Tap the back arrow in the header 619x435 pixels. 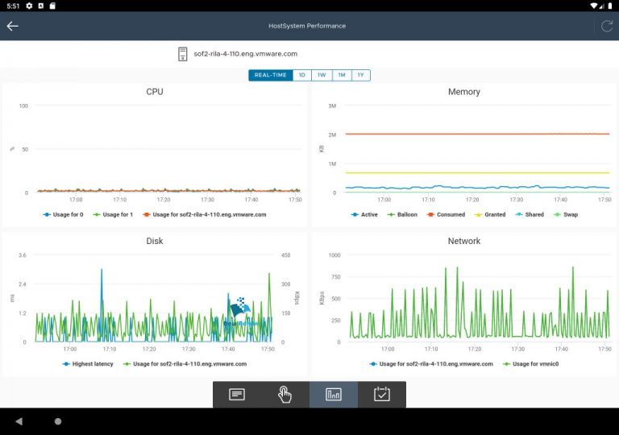point(12,26)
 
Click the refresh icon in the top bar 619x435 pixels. point(607,26)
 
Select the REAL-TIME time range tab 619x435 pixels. point(270,75)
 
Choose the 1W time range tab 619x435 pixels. point(322,75)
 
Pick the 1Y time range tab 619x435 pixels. point(360,75)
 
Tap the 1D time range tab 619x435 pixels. point(301,75)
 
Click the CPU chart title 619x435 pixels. point(155,92)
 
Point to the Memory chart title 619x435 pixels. point(463,92)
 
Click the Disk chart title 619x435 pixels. point(155,241)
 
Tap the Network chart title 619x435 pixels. point(463,241)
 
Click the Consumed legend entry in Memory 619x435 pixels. point(447,215)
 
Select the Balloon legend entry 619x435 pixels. point(402,215)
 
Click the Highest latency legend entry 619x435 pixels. point(89,364)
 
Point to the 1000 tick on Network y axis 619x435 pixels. point(334,255)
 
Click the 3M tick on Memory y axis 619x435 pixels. point(331,106)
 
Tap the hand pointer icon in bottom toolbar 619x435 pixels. point(285,394)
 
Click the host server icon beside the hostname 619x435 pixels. point(182,54)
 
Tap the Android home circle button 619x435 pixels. point(58,421)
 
